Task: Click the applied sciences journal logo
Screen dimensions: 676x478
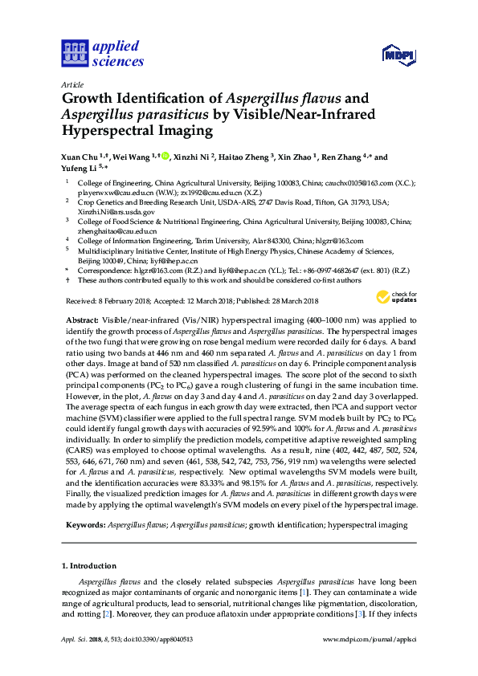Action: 103,53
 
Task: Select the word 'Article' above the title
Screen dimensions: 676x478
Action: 71,84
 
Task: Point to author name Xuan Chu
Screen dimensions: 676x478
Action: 83,157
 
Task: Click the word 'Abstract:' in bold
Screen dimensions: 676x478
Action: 81,341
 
